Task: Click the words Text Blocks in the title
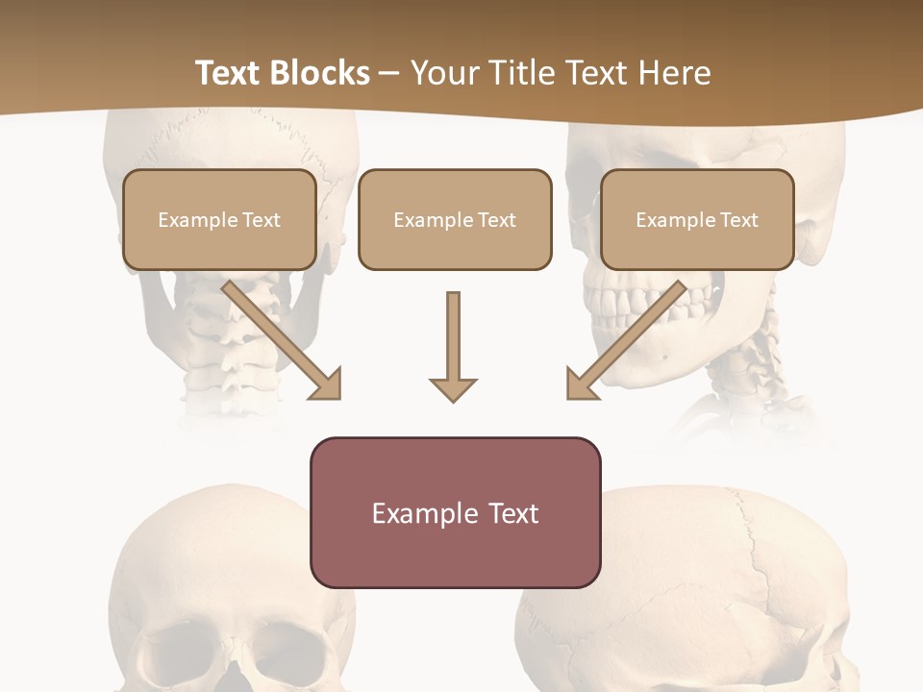click(x=282, y=73)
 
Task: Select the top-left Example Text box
click(x=219, y=219)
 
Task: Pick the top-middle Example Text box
click(x=455, y=219)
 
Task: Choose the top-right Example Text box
click(x=697, y=219)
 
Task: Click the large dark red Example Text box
click(x=455, y=512)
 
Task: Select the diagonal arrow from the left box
click(x=279, y=336)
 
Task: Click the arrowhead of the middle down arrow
click(x=453, y=388)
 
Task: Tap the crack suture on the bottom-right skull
click(x=760, y=557)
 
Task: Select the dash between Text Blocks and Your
click(x=389, y=73)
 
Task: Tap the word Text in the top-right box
click(x=739, y=220)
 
